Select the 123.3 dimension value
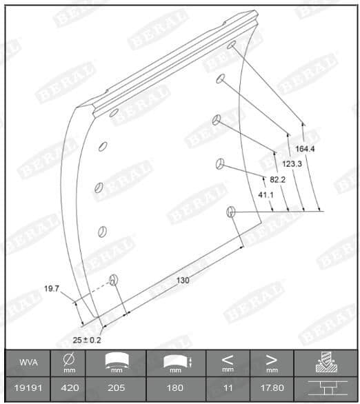coord(290,163)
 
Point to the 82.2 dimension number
coord(277,179)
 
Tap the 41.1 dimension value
coord(266,195)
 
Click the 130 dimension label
coord(183,280)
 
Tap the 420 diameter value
coord(70,388)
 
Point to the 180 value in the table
coord(175,388)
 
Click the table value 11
coord(228,388)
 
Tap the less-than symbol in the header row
coord(228,359)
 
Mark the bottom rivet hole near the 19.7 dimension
coord(114,279)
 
